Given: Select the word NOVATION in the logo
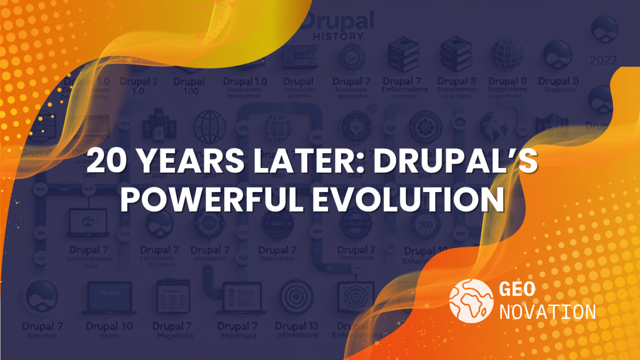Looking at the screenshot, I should click(x=547, y=311).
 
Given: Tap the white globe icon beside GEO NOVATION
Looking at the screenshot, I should click(x=470, y=300).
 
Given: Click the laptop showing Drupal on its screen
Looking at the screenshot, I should click(x=109, y=296).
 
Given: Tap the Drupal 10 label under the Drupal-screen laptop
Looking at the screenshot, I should click(x=109, y=327).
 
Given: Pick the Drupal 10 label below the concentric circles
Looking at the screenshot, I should click(x=297, y=327).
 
